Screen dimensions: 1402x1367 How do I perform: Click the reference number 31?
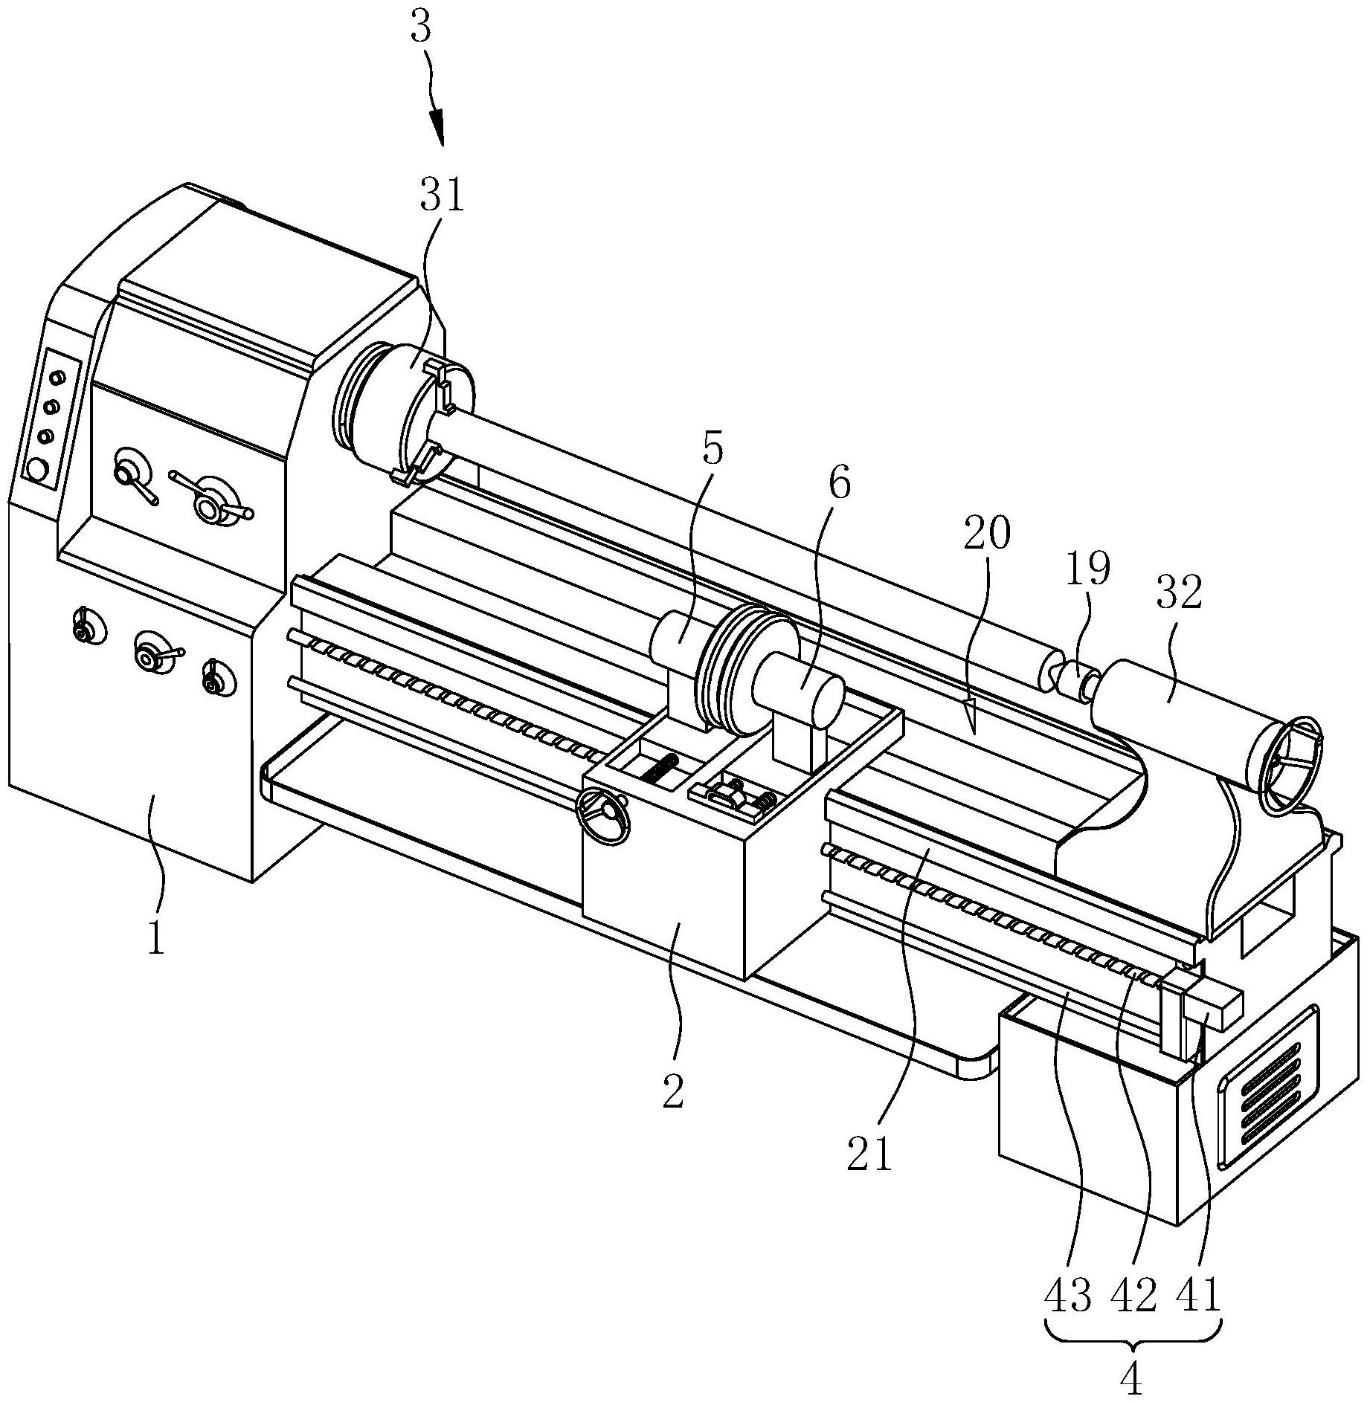[441, 197]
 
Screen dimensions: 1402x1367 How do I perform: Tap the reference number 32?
[1179, 594]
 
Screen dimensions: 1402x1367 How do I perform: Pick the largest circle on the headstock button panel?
[34, 469]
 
